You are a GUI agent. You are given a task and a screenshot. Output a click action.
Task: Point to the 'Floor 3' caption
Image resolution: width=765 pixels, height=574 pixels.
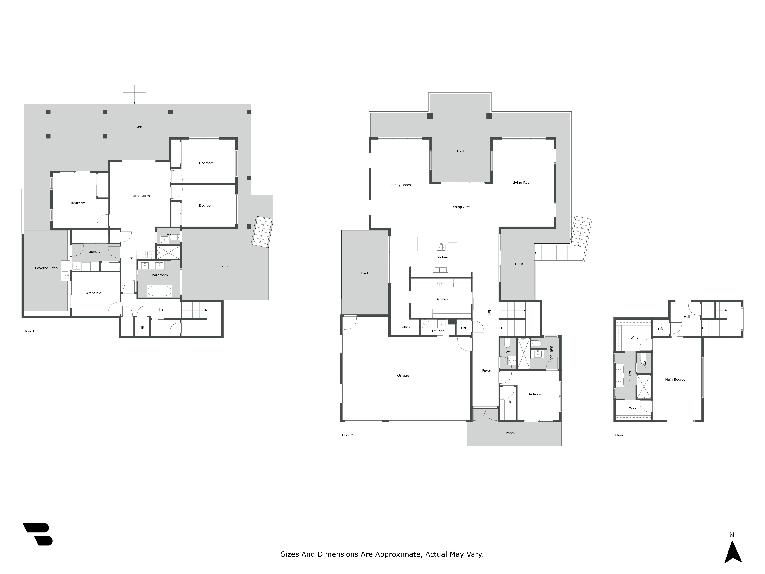click(621, 435)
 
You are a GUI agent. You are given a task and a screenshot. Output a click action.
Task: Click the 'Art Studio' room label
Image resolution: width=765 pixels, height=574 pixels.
click(94, 293)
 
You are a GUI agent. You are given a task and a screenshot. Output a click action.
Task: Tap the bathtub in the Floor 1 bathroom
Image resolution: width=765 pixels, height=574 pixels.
click(160, 291)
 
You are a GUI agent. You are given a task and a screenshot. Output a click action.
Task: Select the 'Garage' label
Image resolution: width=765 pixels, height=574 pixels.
click(403, 375)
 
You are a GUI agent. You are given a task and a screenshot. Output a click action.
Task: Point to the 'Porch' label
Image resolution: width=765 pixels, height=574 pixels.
click(510, 433)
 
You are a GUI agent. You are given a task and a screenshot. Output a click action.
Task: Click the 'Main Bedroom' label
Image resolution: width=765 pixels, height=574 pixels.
click(676, 379)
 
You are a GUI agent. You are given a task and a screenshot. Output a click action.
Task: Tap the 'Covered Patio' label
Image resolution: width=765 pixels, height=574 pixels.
click(46, 268)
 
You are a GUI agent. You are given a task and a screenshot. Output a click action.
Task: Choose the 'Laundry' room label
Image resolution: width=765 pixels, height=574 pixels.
click(94, 252)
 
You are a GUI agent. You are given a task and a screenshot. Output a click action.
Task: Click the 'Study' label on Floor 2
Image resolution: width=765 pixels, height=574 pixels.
click(405, 327)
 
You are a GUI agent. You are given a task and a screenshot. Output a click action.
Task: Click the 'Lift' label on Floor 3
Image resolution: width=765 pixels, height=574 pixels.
click(661, 329)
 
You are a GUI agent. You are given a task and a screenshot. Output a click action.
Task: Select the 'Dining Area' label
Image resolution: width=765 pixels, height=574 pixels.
click(461, 207)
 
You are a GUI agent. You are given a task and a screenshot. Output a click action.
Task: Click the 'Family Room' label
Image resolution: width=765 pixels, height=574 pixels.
click(400, 185)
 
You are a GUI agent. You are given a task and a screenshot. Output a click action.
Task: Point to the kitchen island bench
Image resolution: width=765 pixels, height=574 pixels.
click(441, 244)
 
